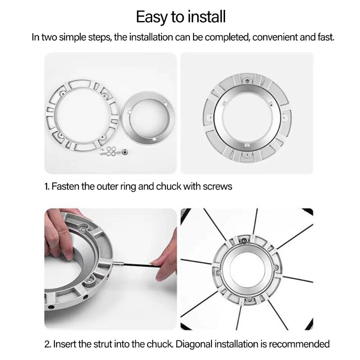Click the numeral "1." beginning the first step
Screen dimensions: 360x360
47,186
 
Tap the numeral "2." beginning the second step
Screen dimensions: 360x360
47,344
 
